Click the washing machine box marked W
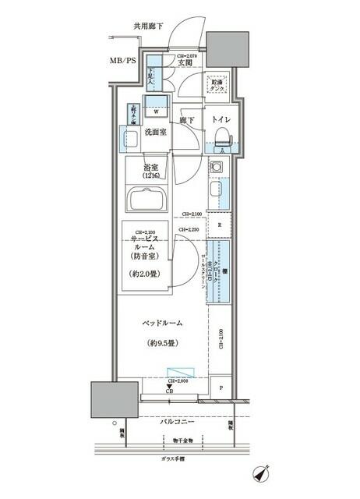157,110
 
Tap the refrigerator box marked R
221,225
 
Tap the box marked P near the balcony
221,388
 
